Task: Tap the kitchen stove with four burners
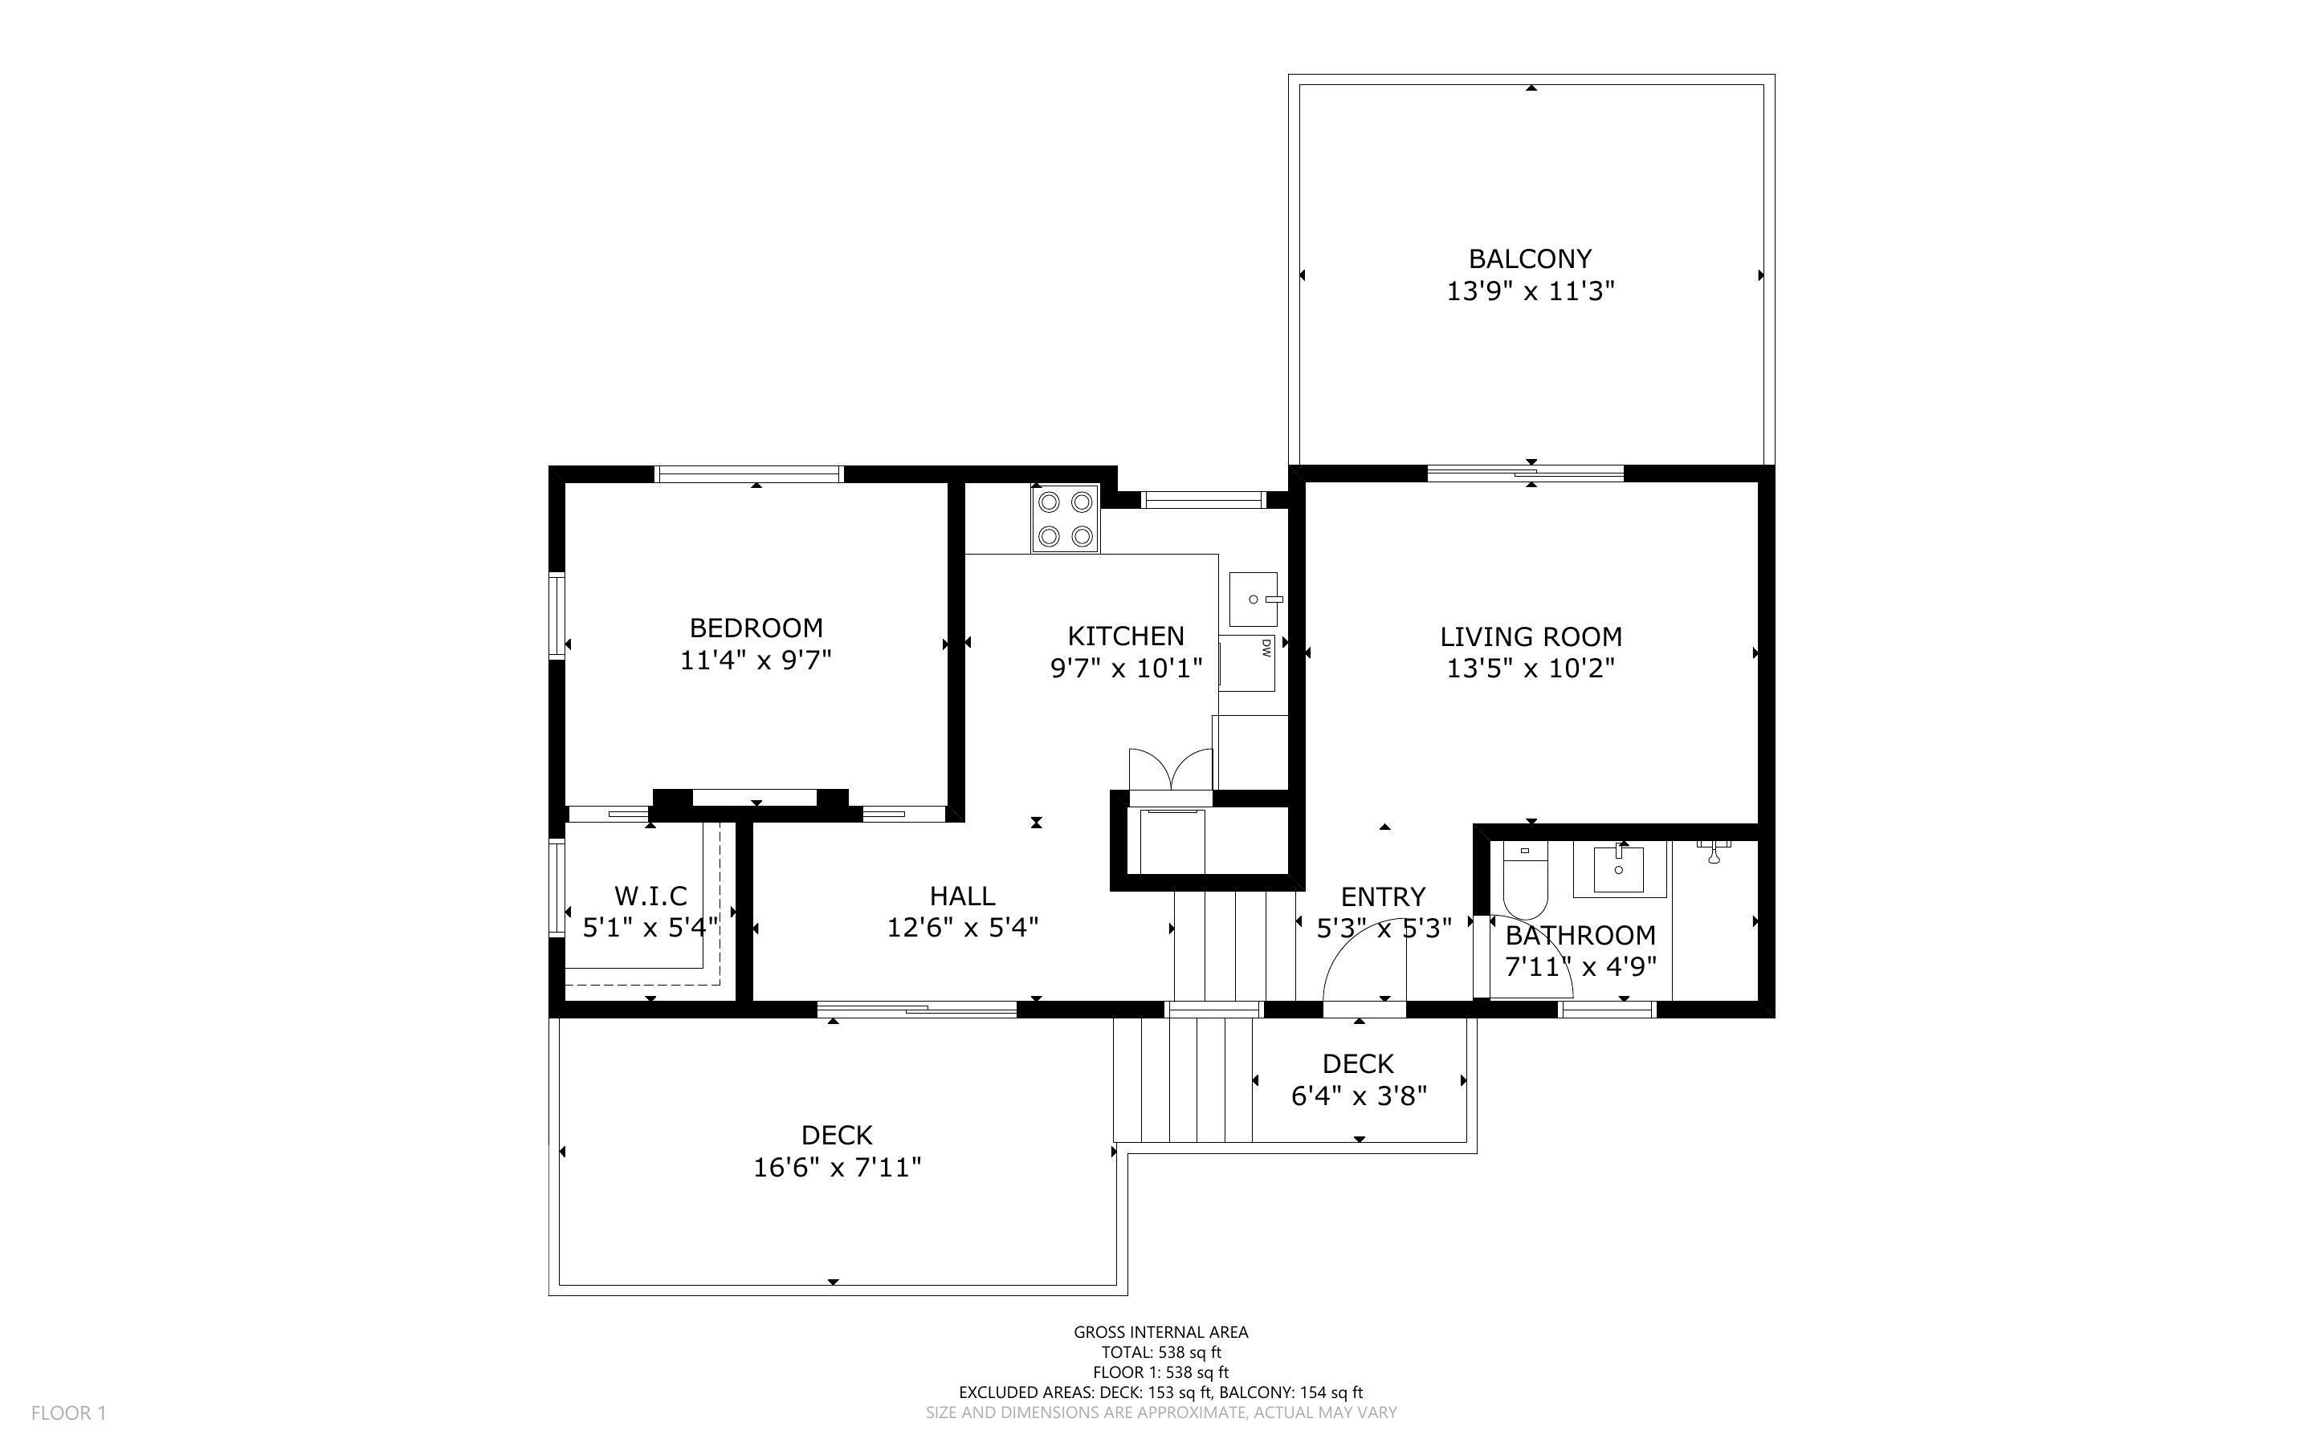[1066, 519]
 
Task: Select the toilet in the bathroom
[1524, 882]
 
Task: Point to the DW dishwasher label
[1266, 648]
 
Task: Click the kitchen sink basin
[1254, 600]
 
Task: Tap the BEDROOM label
[756, 628]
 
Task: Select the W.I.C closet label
[650, 896]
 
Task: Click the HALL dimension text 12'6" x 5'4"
[963, 928]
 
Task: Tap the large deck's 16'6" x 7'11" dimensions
[837, 1168]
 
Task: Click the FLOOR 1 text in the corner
[68, 1412]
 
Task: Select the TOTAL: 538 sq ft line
[1160, 1352]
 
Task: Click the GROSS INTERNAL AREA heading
[1160, 1332]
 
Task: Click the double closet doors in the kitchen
[1171, 769]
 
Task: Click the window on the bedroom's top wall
[748, 474]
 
